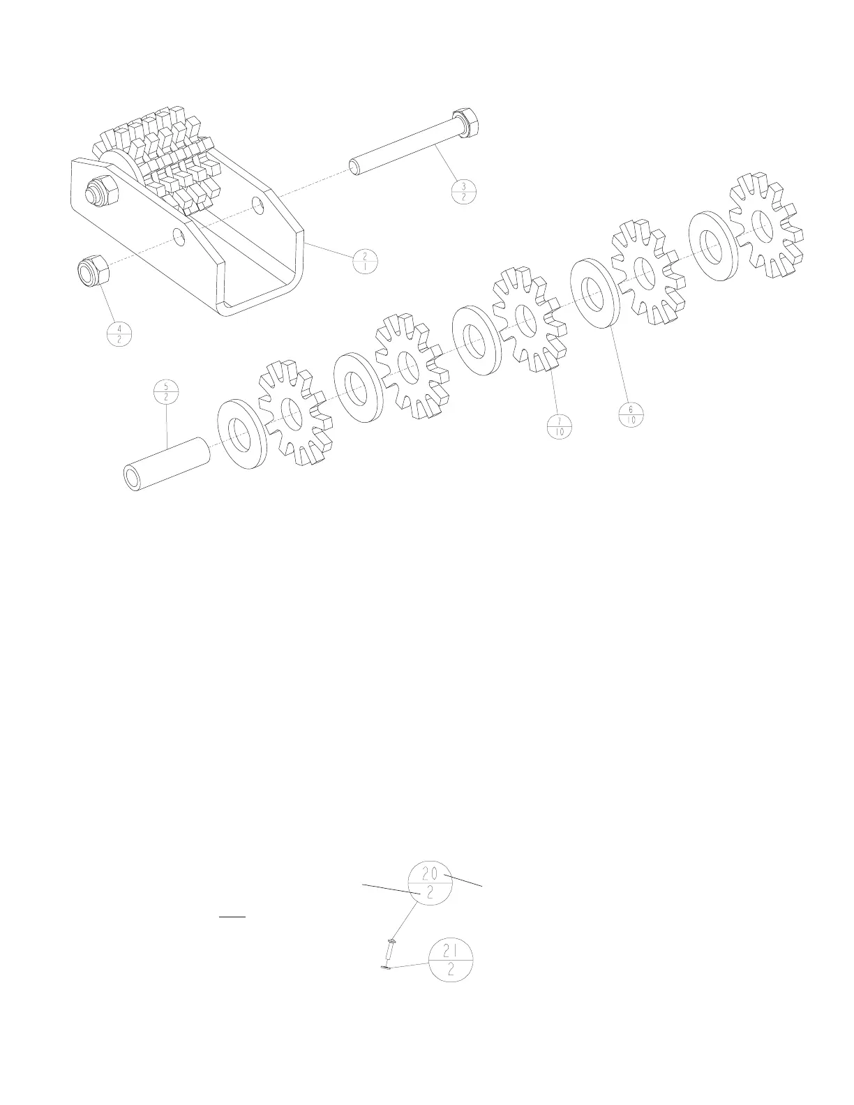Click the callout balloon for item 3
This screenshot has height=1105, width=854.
click(x=464, y=191)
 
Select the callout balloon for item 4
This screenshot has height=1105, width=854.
click(x=119, y=334)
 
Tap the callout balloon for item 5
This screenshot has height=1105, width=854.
click(x=166, y=391)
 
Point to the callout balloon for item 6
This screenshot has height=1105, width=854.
click(x=631, y=415)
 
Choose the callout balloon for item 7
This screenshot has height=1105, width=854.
click(x=560, y=426)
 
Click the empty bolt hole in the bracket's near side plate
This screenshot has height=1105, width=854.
click(x=179, y=237)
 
